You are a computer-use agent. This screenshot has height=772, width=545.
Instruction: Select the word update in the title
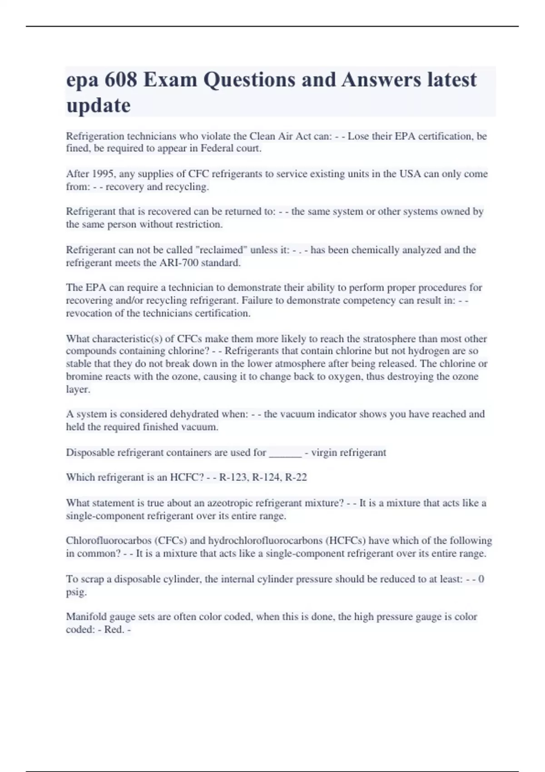tap(98, 106)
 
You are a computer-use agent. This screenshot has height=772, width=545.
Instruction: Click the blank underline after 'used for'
tap(285, 453)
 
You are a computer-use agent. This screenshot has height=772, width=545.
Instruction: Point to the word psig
tap(76, 592)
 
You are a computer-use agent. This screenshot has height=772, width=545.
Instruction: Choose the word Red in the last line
tap(113, 630)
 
